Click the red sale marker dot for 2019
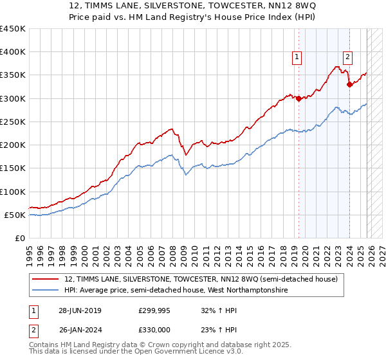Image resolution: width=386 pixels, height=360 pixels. (299, 98)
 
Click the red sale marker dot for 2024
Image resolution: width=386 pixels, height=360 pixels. (349, 84)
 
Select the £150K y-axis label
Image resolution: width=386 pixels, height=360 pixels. (13, 168)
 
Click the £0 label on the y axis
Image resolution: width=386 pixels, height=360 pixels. (21, 238)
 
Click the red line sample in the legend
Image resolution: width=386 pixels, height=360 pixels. (46, 279)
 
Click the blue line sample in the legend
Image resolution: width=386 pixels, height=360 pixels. (46, 291)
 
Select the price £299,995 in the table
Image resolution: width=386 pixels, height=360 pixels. (154, 310)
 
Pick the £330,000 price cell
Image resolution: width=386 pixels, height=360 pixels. (154, 329)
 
